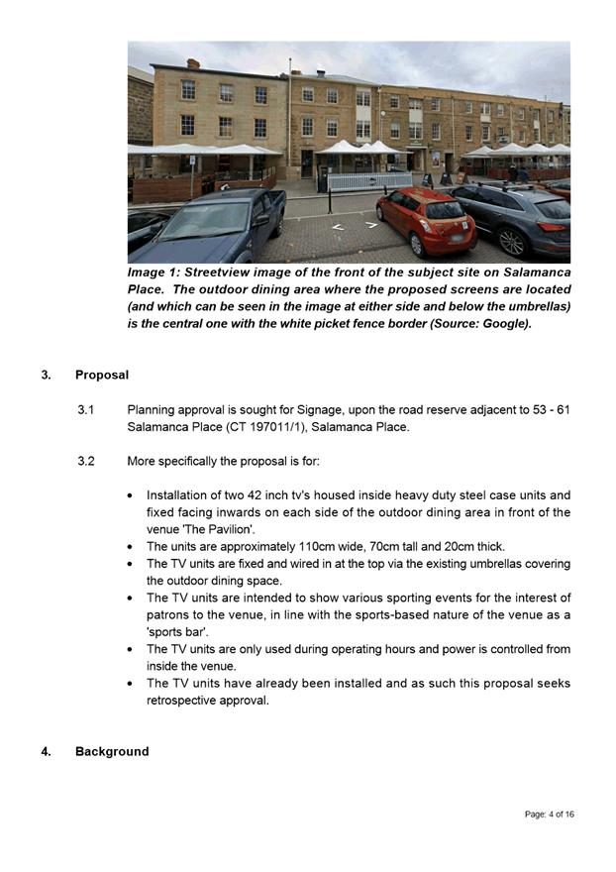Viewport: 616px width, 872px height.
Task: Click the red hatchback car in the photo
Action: click(x=426, y=219)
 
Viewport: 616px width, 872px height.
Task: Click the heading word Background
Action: click(x=112, y=752)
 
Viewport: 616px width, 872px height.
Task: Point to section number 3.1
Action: click(x=86, y=410)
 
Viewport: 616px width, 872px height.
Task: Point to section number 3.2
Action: click(x=86, y=462)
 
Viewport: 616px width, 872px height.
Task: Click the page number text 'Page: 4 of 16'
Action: click(x=549, y=815)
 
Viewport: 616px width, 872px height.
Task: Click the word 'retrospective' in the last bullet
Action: click(x=182, y=701)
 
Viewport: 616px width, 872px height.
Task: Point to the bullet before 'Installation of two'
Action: click(x=133, y=495)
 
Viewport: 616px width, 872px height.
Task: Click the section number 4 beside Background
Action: click(x=46, y=752)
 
